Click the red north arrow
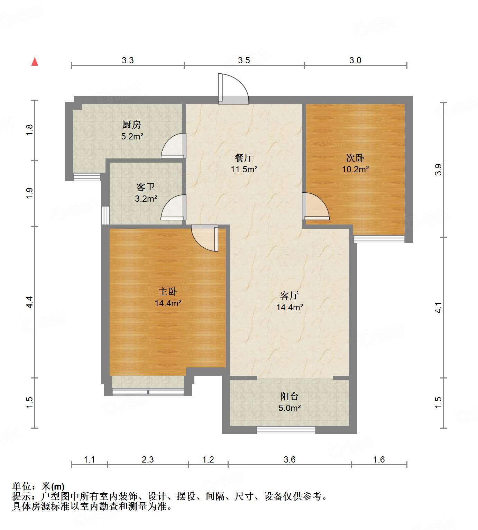35,62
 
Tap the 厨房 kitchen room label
131,125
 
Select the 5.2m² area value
132,136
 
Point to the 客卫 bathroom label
146,187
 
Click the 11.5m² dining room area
244,169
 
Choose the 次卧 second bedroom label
356,158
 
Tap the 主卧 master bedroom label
168,291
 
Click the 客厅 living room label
289,295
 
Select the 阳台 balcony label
289,396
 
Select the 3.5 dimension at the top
243,60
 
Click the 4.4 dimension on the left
30,302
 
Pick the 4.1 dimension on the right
438,308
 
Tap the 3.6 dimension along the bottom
289,459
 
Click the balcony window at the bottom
286,430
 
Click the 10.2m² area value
356,169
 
